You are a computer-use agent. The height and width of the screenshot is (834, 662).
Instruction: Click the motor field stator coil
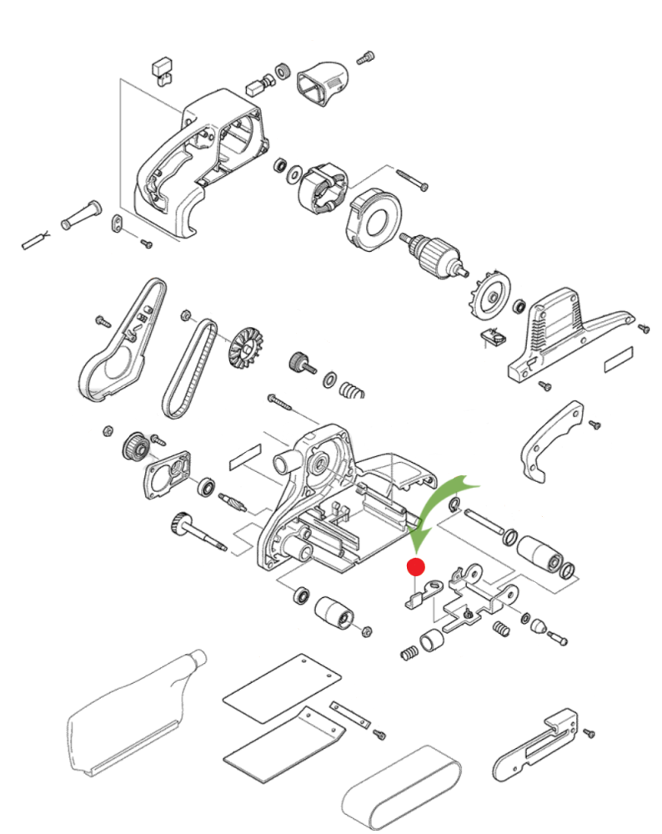pos(321,188)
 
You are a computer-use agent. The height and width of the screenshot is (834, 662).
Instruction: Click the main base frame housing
pos(342,509)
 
